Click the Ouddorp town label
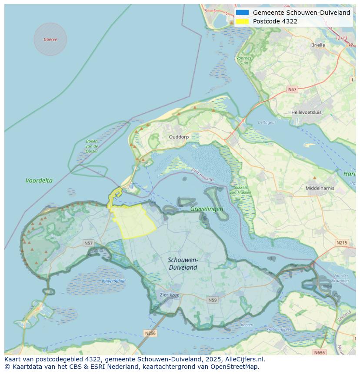pyautogui.click(x=179, y=137)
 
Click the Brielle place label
pyautogui.click(x=318, y=45)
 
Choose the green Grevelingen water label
pyautogui.click(x=207, y=209)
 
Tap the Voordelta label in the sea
pyautogui.click(x=39, y=181)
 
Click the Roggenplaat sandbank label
pyautogui.click(x=113, y=281)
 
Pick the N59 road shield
pyautogui.click(x=212, y=300)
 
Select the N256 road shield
pyautogui.click(x=150, y=333)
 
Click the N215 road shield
pyautogui.click(x=342, y=243)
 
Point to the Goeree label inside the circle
pyautogui.click(x=50, y=39)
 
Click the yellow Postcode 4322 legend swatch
pyautogui.click(x=243, y=21)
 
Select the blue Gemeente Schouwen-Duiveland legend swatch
pyautogui.click(x=243, y=13)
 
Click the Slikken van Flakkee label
pyautogui.click(x=239, y=190)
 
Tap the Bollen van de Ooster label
pyautogui.click(x=92, y=146)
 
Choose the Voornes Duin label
pyautogui.click(x=244, y=60)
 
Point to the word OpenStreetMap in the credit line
pyautogui.click(x=235, y=367)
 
